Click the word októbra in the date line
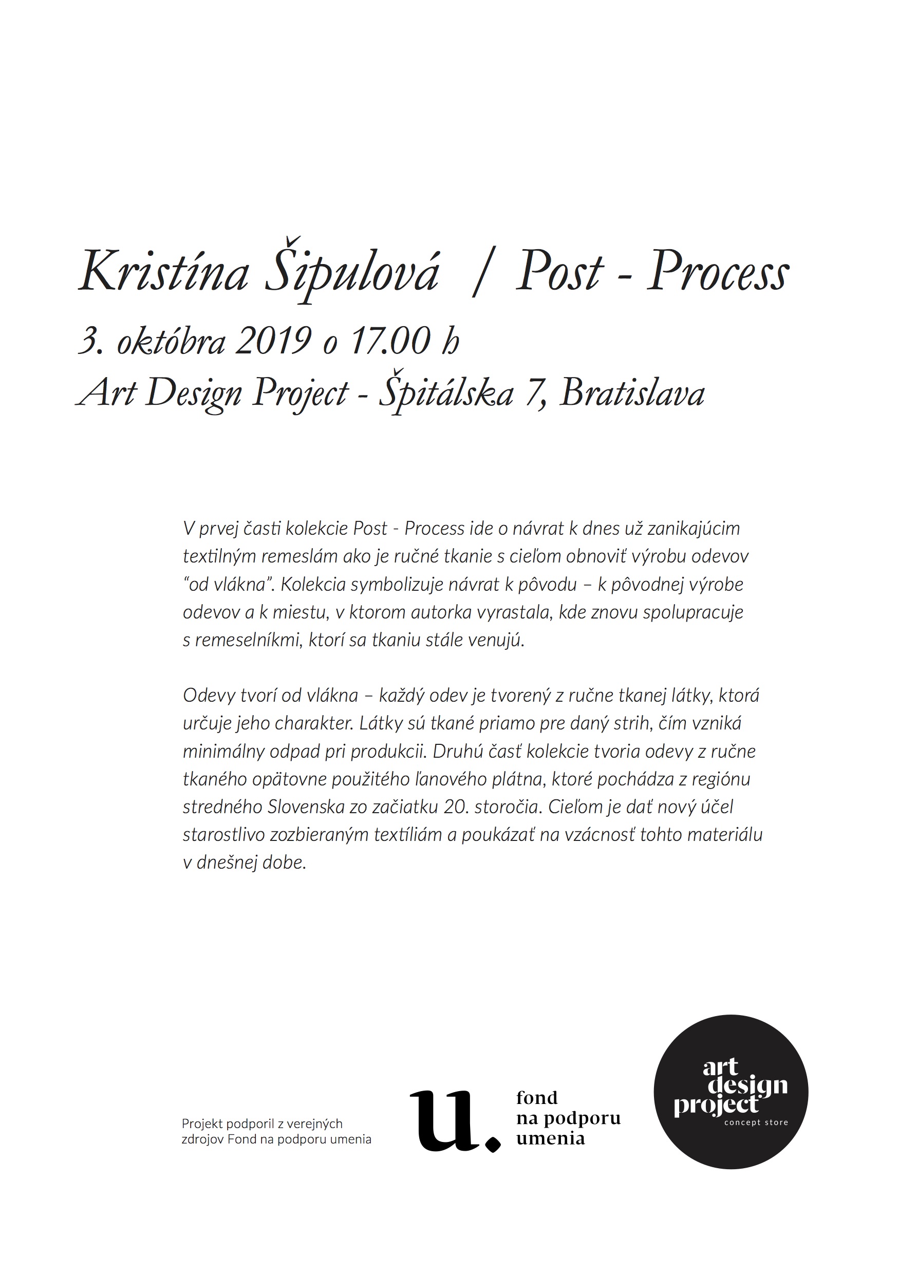coord(171,342)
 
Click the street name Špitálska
coord(446,394)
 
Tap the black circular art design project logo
coord(731,1092)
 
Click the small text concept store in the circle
coord(756,1122)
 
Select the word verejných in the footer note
coord(315,1123)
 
